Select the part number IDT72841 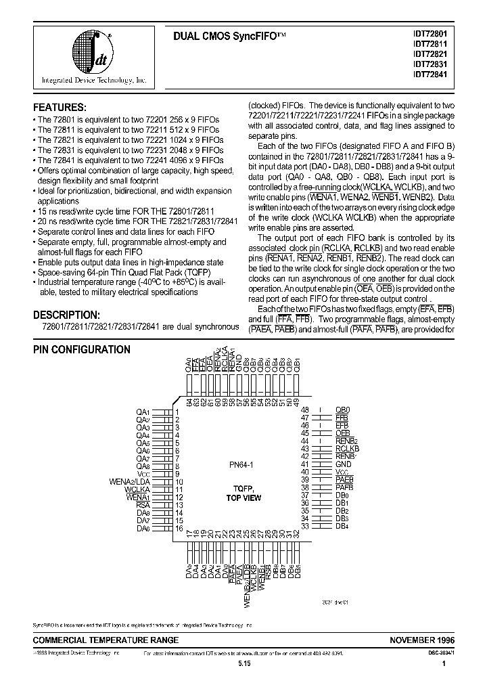point(432,74)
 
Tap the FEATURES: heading point(60,108)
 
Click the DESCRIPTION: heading point(66,315)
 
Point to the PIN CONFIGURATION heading point(82,350)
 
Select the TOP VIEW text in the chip point(243,498)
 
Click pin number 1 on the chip point(177,412)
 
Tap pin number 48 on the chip point(306,410)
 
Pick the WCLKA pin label point(138,489)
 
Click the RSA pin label point(143,505)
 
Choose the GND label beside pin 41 point(344,464)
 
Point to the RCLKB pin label point(346,449)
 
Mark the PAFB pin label point(344,487)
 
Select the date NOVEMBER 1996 point(422,640)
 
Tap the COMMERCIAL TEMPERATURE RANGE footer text point(106,640)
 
